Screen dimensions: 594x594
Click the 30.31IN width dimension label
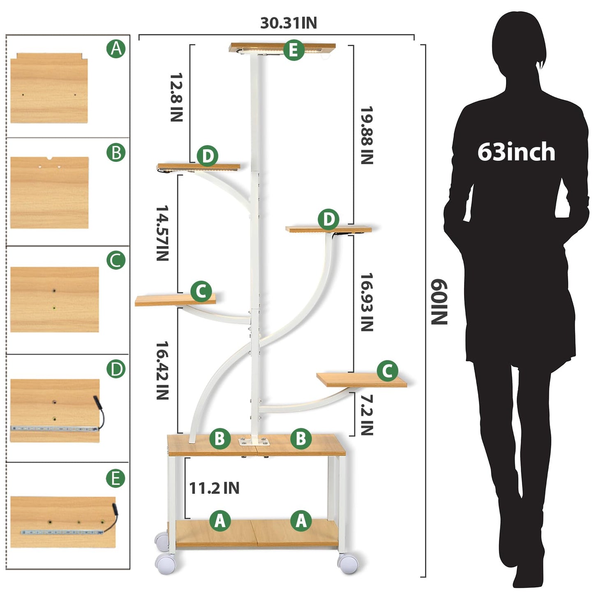(288, 23)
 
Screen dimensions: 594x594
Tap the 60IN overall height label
(439, 302)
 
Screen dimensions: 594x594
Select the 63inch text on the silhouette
(516, 152)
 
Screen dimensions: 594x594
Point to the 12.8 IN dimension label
(177, 97)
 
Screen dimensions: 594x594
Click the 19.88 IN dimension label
(367, 135)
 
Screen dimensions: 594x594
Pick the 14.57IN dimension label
(162, 233)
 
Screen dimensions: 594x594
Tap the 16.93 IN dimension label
(367, 302)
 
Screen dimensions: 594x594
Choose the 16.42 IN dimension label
(162, 370)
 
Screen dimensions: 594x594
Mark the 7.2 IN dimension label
(367, 415)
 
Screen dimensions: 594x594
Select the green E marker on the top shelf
(294, 50)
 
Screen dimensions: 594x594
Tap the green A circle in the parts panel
(116, 49)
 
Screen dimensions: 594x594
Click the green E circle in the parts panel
(115, 479)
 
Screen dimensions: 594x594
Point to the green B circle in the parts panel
(116, 152)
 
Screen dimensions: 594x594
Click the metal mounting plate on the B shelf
(253, 441)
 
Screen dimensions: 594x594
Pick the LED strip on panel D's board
(54, 428)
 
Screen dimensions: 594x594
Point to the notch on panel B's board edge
(50, 159)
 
